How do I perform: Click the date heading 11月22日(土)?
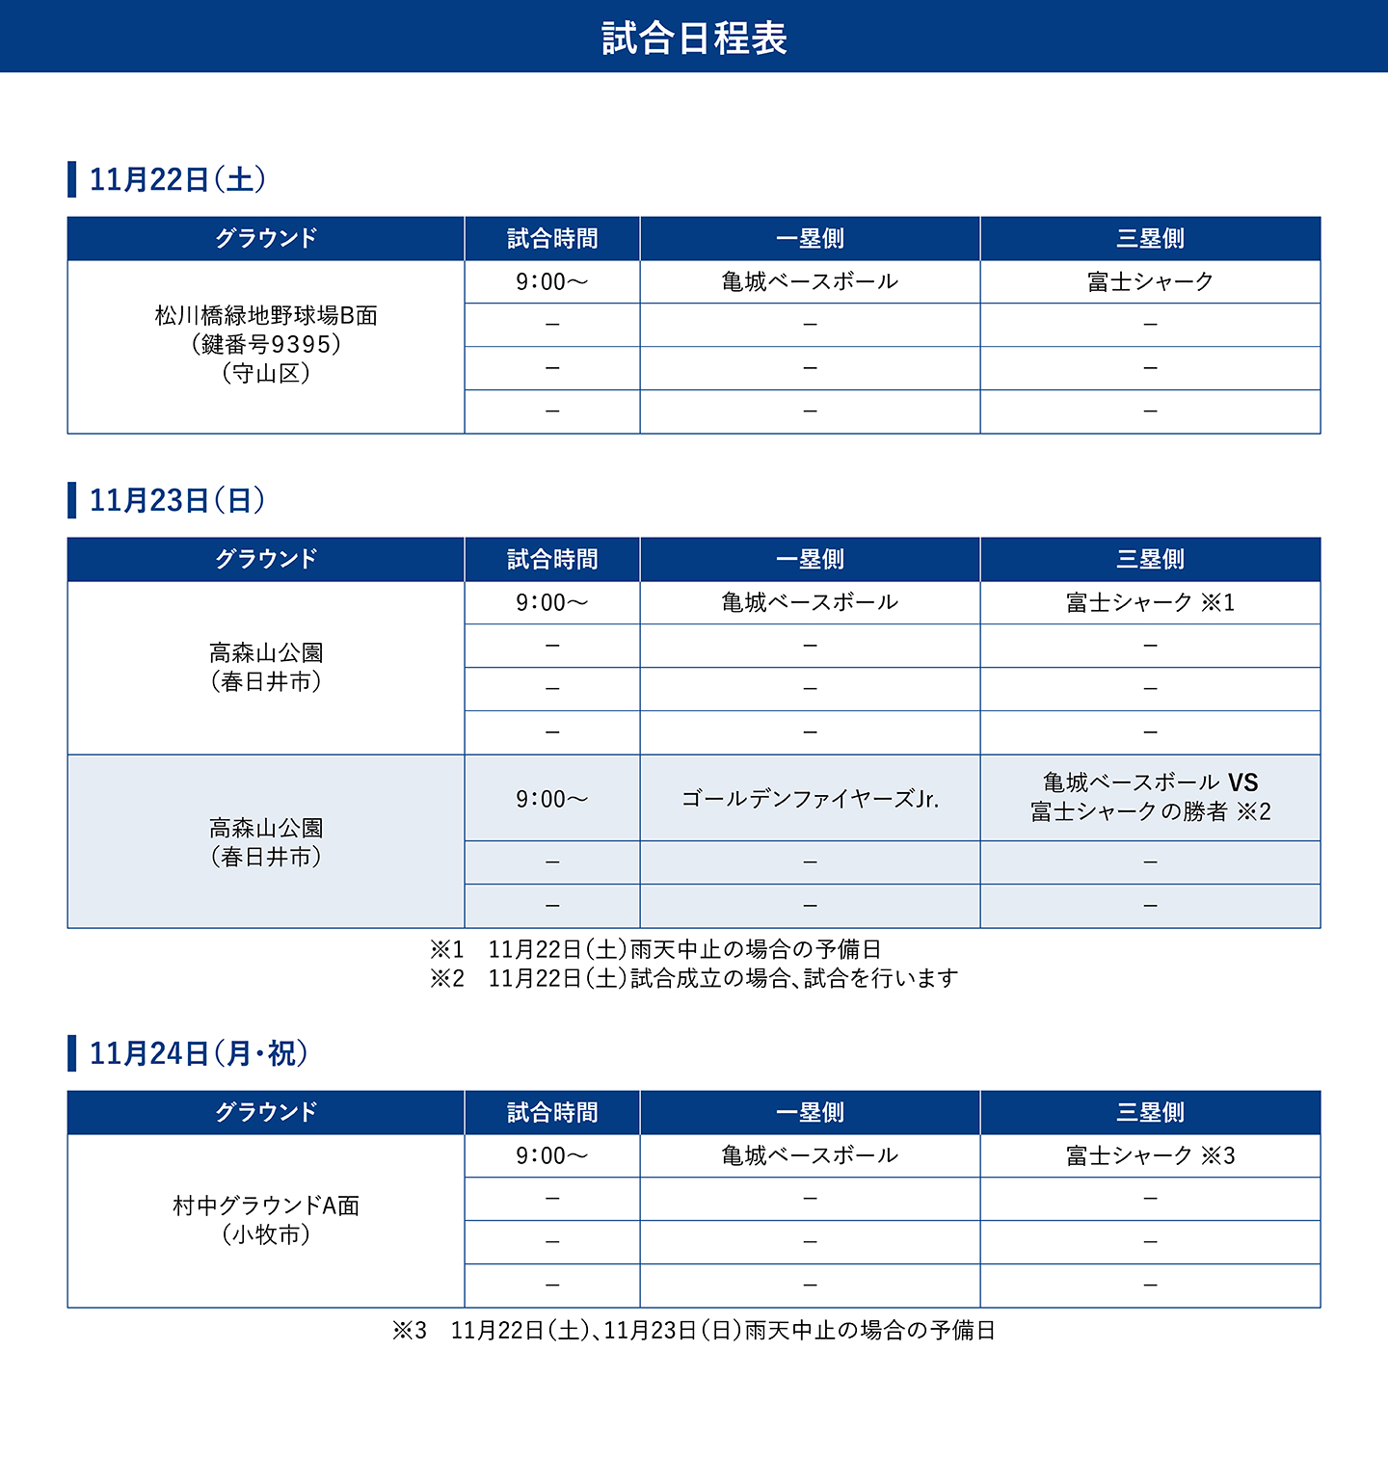point(177,179)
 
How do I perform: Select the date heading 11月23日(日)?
point(177,500)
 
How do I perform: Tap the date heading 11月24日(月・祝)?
point(199,1053)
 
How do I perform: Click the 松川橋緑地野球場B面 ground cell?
point(266,344)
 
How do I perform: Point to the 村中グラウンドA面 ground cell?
point(266,1220)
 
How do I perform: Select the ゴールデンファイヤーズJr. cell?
point(810,799)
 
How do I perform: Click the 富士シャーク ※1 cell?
point(1150,602)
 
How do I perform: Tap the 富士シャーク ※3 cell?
point(1150,1155)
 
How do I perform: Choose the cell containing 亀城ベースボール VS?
point(1150,797)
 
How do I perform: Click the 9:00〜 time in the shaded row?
point(551,799)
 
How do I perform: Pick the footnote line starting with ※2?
point(694,978)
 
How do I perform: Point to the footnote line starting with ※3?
point(694,1330)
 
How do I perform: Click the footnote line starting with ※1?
point(655,949)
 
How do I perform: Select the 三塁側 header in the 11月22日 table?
point(1150,238)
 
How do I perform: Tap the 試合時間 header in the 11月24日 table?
point(552,1112)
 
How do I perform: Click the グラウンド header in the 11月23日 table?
point(266,559)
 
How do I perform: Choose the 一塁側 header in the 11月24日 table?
point(810,1112)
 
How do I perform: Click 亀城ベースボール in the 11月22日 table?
point(810,281)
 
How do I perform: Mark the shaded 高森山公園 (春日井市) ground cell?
point(266,842)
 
